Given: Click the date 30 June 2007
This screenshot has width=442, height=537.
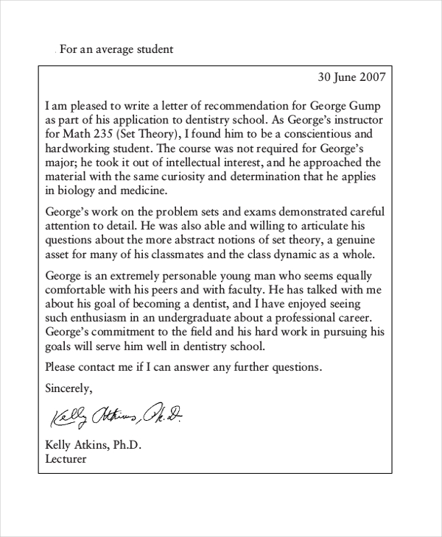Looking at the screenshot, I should click(351, 76).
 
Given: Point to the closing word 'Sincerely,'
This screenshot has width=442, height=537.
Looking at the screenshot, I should click(69, 387).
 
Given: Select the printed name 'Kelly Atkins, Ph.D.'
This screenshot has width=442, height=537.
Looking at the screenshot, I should click(93, 445).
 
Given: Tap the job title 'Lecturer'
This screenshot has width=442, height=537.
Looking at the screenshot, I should click(66, 459).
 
